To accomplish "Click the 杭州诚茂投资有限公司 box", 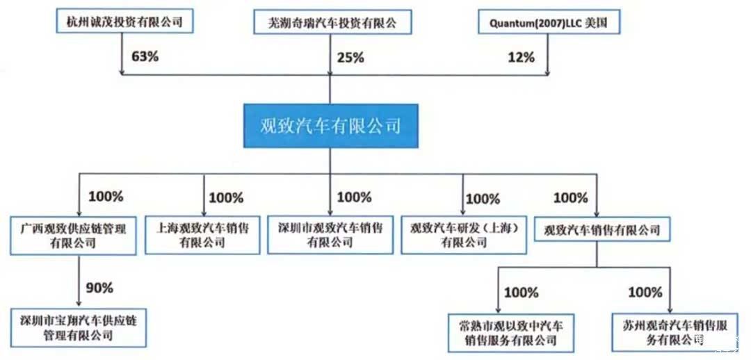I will point(124,22).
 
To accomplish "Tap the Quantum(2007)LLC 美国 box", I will point(548,22).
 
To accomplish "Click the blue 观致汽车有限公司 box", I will point(330,126).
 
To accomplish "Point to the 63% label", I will point(144,56).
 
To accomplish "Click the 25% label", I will point(350,58).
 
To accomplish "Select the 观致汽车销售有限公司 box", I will point(601,229).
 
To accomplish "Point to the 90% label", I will point(99,287).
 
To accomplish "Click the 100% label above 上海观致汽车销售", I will point(225,198).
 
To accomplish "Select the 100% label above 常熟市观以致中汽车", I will point(521,293).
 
